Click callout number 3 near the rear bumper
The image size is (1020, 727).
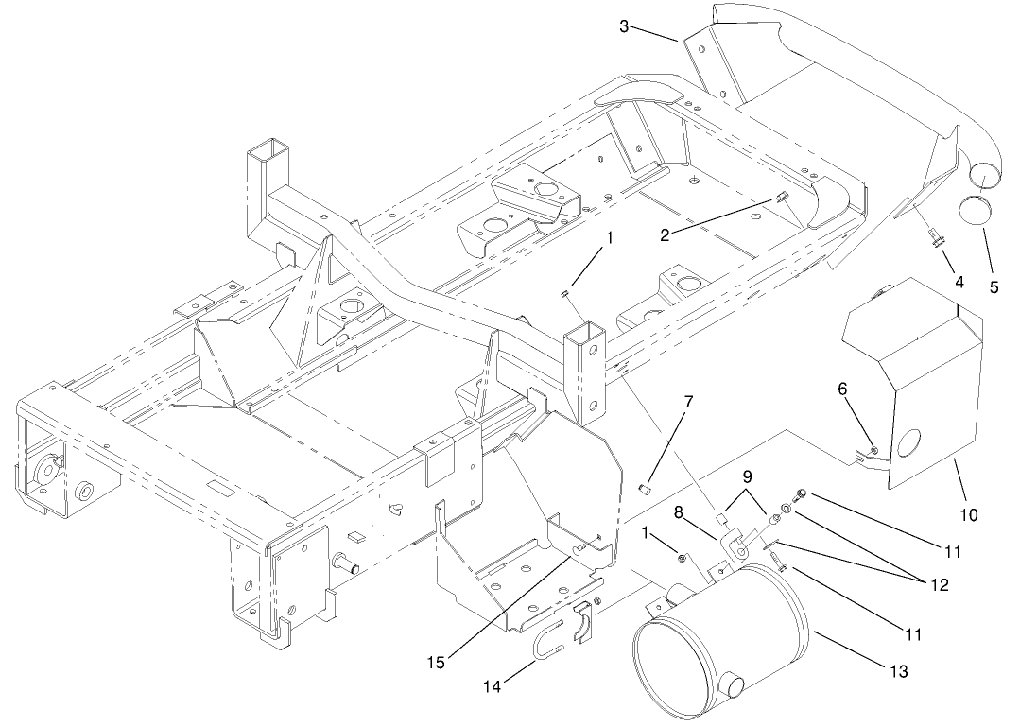pos(624,26)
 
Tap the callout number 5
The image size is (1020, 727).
pos(994,286)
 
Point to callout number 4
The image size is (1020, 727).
pos(959,282)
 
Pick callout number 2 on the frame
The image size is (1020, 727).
pos(666,234)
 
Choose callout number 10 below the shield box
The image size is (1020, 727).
pos(970,515)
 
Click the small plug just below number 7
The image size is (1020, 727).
pos(646,489)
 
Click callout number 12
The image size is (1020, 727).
pos(938,585)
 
